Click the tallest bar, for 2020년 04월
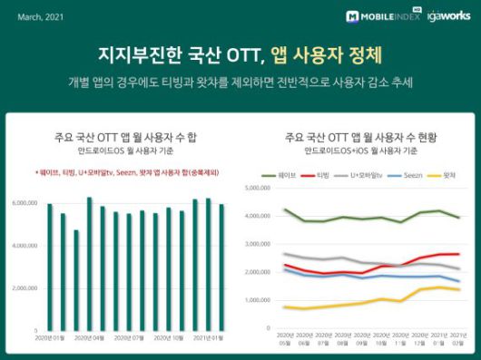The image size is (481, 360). coord(89,263)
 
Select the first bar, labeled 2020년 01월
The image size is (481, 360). coord(50,267)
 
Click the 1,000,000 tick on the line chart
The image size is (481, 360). coord(260,300)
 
